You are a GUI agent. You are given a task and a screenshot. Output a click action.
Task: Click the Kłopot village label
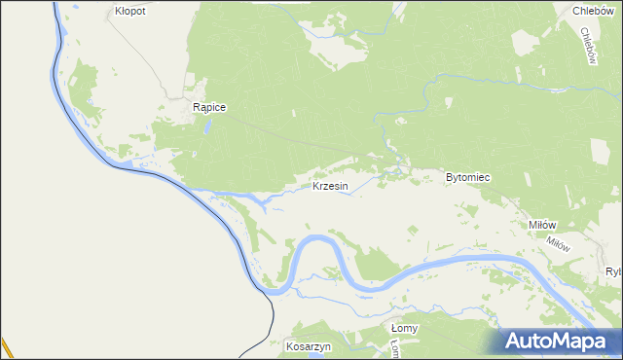click(x=129, y=11)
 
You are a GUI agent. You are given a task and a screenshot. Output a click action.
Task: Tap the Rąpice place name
click(x=209, y=108)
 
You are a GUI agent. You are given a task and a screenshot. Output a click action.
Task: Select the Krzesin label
click(x=330, y=186)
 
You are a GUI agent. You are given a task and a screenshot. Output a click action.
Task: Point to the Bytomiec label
click(x=467, y=178)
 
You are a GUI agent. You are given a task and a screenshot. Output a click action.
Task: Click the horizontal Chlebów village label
click(x=590, y=11)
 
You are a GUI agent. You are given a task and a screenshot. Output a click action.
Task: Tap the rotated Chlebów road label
click(x=587, y=45)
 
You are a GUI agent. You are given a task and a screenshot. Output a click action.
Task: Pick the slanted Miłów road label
click(x=558, y=245)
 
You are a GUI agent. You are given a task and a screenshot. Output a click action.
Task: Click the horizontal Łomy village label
click(x=404, y=328)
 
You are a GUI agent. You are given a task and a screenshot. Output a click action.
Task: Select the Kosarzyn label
click(x=309, y=346)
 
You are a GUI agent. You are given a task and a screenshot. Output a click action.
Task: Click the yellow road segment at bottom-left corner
click(x=5, y=348)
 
